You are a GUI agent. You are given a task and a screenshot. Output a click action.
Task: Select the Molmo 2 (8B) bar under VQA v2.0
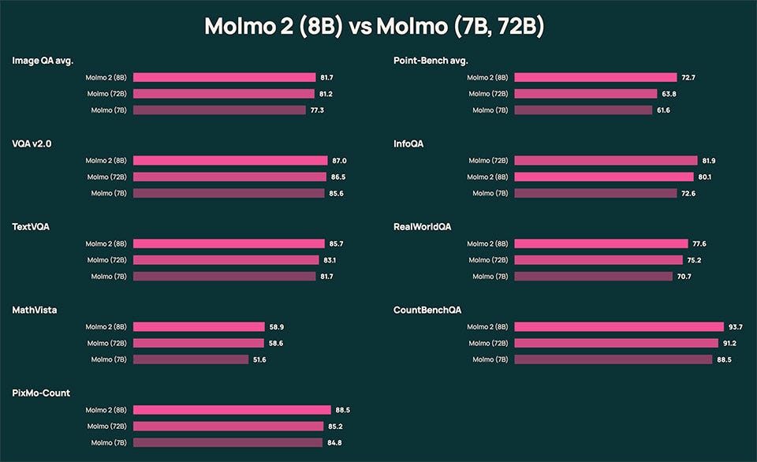[230, 160]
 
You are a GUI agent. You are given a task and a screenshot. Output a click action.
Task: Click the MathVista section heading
[35, 310]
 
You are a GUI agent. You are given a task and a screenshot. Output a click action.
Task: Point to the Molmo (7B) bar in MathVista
[191, 360]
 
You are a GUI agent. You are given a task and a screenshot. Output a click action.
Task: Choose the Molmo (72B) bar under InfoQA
[606, 160]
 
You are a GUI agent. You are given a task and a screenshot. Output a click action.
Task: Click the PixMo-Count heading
[41, 393]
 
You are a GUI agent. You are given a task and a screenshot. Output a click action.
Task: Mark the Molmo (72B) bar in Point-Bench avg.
[585, 94]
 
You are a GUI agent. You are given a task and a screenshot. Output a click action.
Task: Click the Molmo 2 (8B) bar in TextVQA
[229, 244]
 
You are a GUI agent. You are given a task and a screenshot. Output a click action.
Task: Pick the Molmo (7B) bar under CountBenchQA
[613, 360]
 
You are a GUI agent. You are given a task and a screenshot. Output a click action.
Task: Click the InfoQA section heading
[409, 143]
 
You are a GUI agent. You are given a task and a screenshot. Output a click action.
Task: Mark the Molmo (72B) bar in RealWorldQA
[599, 260]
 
